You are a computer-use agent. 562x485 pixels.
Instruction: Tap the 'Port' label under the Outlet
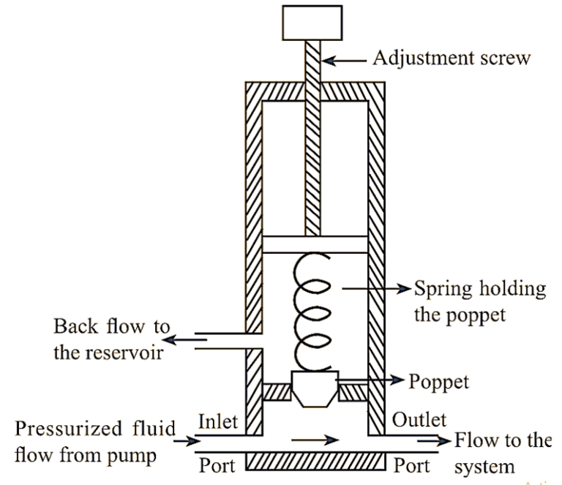pyautogui.click(x=412, y=465)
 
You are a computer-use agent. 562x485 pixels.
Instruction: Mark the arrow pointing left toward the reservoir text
pyautogui.click(x=187, y=339)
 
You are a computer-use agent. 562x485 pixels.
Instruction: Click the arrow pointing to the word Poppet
pyautogui.click(x=373, y=380)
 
